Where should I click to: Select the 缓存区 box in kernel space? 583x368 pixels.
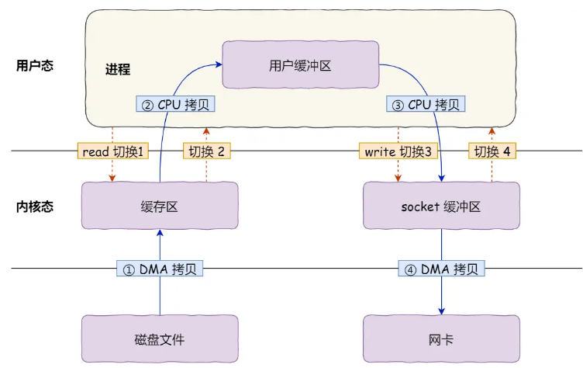tap(160, 206)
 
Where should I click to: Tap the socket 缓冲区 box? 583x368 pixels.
tap(441, 206)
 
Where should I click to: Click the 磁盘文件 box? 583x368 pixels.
tap(160, 338)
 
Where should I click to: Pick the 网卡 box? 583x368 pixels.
tap(441, 338)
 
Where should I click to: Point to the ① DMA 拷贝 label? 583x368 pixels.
tap(160, 269)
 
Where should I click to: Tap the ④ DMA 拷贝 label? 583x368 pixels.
tap(442, 269)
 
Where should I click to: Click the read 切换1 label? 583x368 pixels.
tap(113, 151)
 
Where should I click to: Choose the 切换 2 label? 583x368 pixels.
tap(206, 151)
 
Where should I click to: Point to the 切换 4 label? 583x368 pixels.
tap(492, 151)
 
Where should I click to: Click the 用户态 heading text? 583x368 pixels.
tap(34, 65)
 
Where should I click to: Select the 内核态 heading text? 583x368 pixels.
tap(34, 207)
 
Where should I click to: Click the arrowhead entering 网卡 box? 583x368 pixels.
tap(442, 310)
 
